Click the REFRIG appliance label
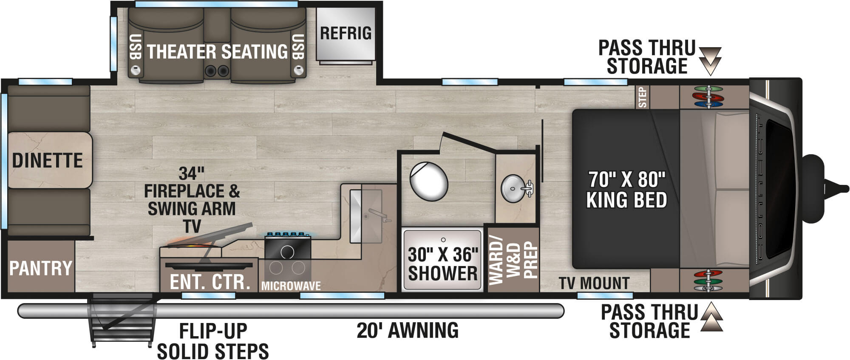(x=346, y=33)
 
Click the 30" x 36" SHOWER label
(x=442, y=264)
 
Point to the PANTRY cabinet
(x=41, y=268)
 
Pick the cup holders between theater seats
(x=217, y=71)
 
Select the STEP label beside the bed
(x=642, y=97)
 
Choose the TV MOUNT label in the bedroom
(x=594, y=283)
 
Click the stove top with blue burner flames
(x=288, y=247)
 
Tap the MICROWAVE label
(x=291, y=286)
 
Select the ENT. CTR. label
(x=210, y=282)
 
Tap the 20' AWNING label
(x=408, y=330)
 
